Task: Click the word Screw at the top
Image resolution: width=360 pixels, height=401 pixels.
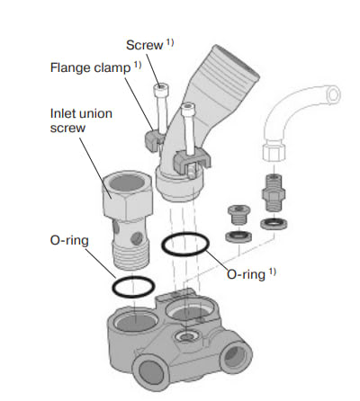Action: click(144, 45)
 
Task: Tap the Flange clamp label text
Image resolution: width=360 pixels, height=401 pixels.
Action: click(90, 67)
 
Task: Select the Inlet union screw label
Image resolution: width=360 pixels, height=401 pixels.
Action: click(81, 120)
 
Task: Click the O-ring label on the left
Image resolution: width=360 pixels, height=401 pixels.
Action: click(69, 240)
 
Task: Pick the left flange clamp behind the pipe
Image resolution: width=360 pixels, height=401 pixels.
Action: click(154, 138)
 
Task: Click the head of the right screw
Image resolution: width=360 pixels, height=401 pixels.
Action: click(188, 108)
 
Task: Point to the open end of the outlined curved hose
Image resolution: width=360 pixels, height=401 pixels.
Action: click(333, 94)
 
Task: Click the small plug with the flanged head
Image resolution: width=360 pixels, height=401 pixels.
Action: click(238, 214)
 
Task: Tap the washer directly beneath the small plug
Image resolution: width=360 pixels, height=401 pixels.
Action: click(238, 236)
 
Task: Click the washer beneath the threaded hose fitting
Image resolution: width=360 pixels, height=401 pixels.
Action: click(274, 224)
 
